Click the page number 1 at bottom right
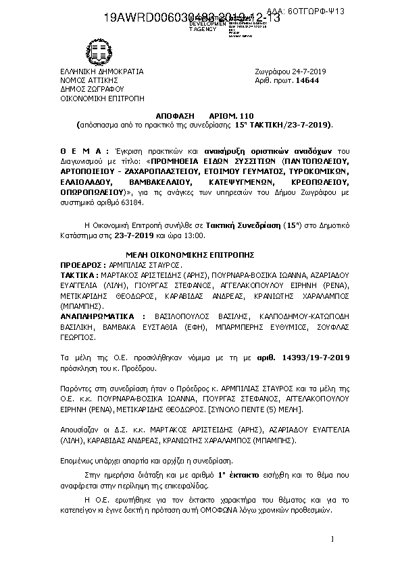(x=333, y=540)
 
